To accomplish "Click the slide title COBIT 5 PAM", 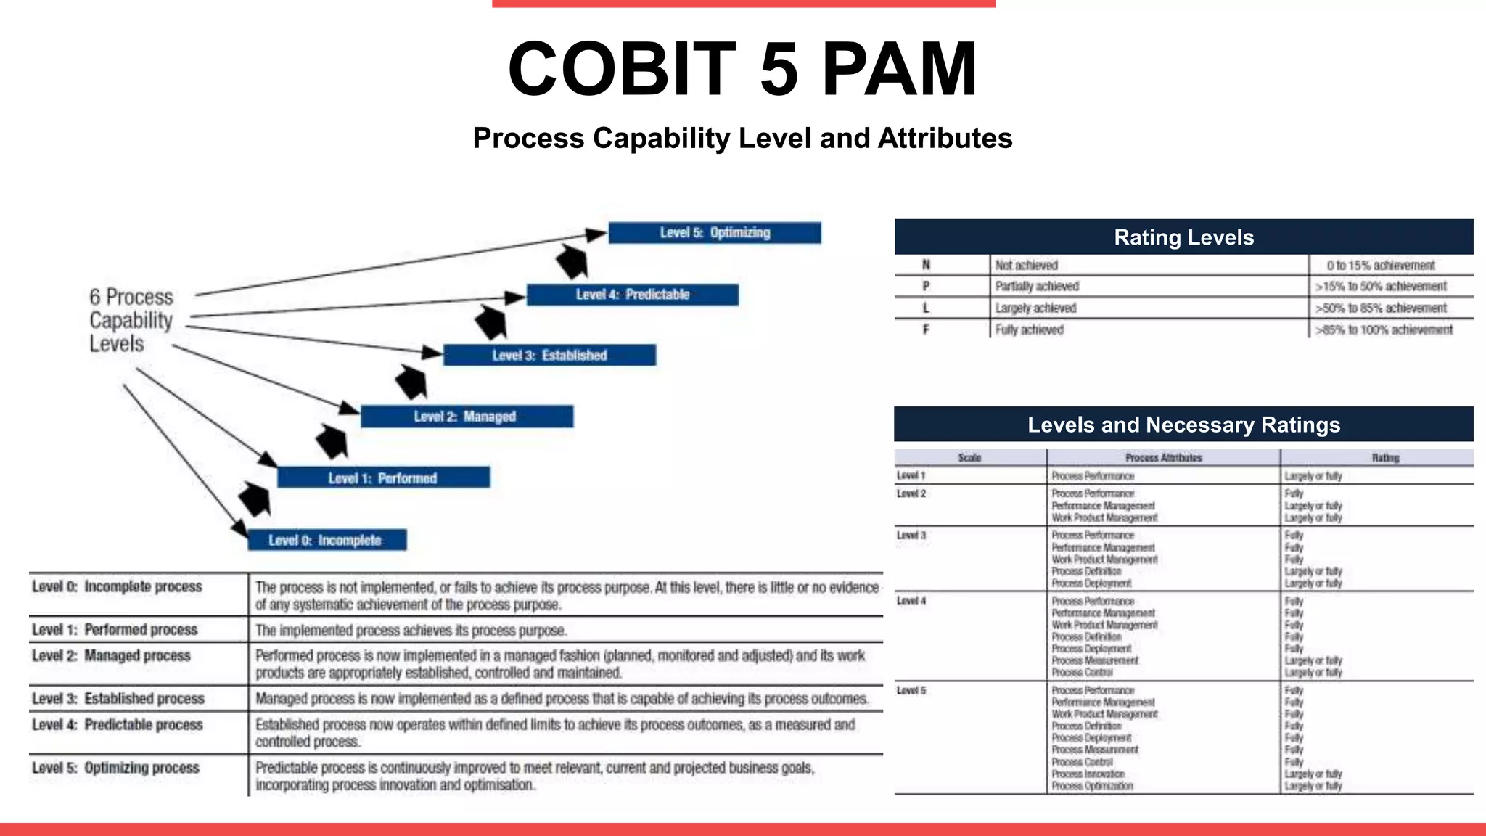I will point(742,69).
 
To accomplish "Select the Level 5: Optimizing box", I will point(715,233).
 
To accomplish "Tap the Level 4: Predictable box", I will point(632,295).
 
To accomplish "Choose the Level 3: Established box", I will point(549,356).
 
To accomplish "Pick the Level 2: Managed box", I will point(467,417).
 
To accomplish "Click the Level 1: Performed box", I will point(383,478).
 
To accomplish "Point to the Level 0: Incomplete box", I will point(327,541).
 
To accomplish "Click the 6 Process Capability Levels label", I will point(131,320).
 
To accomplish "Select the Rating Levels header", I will point(1183,237).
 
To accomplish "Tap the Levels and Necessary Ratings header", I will point(1183,425).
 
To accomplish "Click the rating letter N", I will point(926,265).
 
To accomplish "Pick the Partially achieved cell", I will point(1037,287).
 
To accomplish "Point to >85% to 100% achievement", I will point(1384,330).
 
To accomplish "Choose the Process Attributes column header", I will point(1163,458).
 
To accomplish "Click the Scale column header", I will point(969,458).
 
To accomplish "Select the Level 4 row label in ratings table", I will point(911,601).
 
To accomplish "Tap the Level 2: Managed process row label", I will point(111,656).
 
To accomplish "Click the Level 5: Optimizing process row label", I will point(115,768).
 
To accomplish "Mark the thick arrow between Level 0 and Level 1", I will point(255,499).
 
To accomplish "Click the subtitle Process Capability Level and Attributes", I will point(742,139).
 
